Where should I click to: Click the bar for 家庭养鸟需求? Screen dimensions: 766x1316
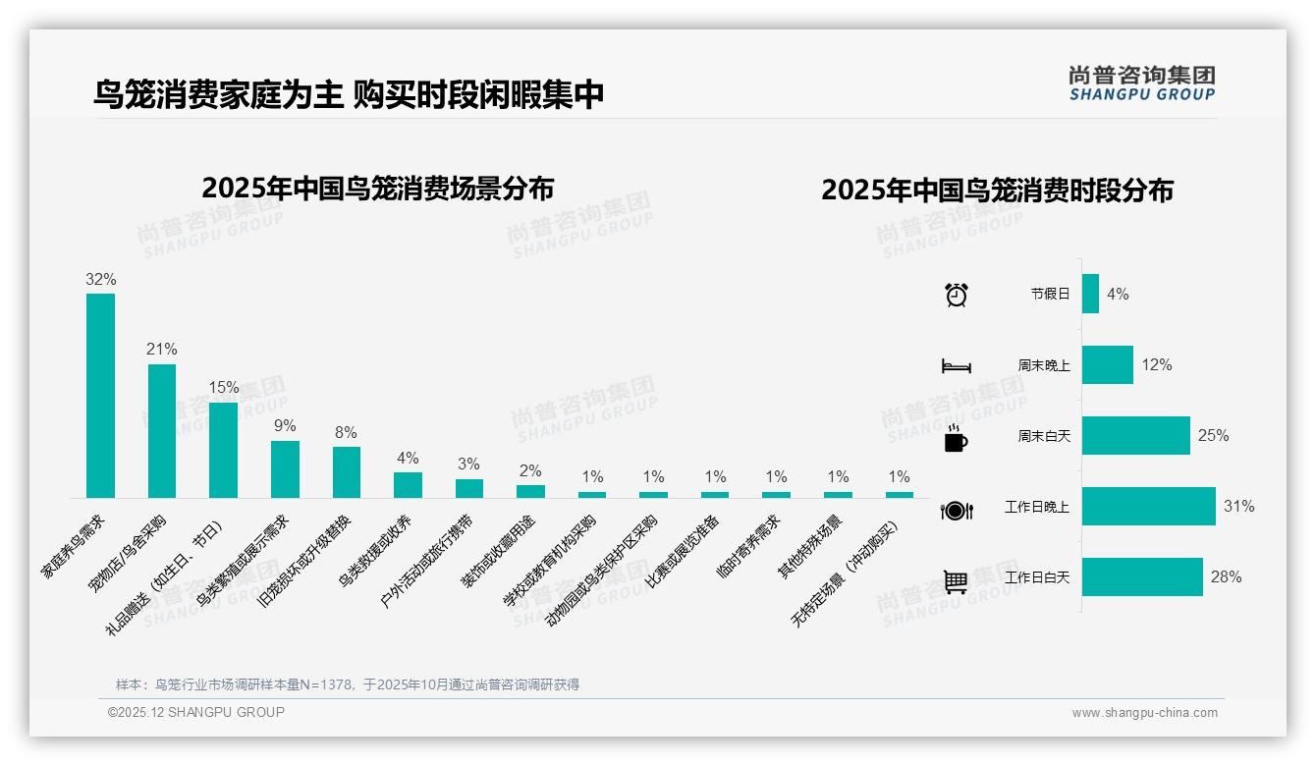point(100,396)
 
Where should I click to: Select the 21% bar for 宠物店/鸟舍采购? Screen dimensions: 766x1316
point(162,431)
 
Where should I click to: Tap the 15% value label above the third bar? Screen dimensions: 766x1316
point(224,388)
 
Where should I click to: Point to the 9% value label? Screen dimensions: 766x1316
point(285,426)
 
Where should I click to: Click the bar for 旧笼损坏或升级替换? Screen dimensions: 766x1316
point(347,472)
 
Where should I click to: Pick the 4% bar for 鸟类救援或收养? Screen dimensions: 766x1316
point(408,485)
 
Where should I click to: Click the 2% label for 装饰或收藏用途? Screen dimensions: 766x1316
point(530,470)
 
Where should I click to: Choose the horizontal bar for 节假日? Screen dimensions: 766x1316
point(1090,294)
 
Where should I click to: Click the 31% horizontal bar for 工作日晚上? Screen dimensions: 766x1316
point(1148,507)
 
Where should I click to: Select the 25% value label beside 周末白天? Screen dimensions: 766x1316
point(1213,435)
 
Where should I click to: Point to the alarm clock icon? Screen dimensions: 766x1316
point(956,295)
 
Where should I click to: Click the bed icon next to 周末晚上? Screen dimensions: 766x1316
point(956,365)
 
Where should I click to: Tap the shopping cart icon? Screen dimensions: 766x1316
point(956,581)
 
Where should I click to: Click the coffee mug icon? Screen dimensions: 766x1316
point(956,439)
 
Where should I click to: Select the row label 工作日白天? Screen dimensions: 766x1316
point(1037,577)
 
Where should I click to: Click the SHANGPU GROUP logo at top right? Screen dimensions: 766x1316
point(1141,82)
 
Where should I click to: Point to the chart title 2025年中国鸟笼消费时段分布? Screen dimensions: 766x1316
point(997,191)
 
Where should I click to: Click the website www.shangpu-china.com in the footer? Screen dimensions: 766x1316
point(1144,713)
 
